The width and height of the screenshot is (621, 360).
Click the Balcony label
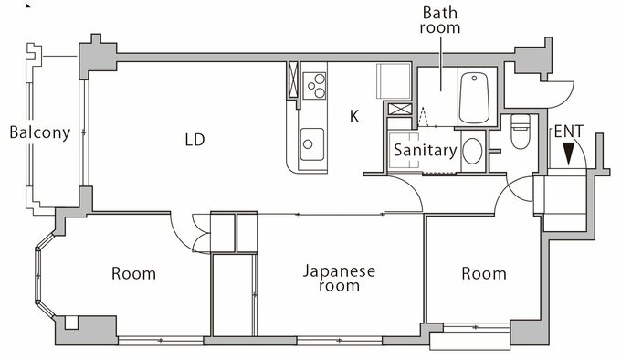point(39,132)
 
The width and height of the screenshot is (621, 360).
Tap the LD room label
point(195,140)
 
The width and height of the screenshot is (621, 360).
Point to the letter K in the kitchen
point(354,116)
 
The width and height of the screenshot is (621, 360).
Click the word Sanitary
point(426,151)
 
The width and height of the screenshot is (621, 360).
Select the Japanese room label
point(340,278)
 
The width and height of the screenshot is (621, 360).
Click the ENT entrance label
point(569,131)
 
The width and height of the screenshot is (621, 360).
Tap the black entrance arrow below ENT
point(569,154)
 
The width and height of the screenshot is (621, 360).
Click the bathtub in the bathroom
point(474,98)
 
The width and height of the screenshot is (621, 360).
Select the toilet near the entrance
point(521,132)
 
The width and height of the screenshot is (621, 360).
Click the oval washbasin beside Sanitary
point(473,151)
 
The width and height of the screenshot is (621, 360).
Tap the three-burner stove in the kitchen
point(314,86)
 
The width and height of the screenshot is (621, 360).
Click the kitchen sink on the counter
point(312,144)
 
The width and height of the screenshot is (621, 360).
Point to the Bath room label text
point(440,20)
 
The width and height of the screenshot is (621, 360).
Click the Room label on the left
point(133,274)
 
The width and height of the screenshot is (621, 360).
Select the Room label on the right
point(484,274)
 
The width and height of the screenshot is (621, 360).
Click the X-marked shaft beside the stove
point(293,80)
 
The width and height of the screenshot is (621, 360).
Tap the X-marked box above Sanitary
point(400,109)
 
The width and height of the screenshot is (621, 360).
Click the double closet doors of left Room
point(200,233)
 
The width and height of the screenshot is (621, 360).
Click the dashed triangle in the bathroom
point(423,117)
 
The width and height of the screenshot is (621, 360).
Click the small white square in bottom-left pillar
point(71,323)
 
